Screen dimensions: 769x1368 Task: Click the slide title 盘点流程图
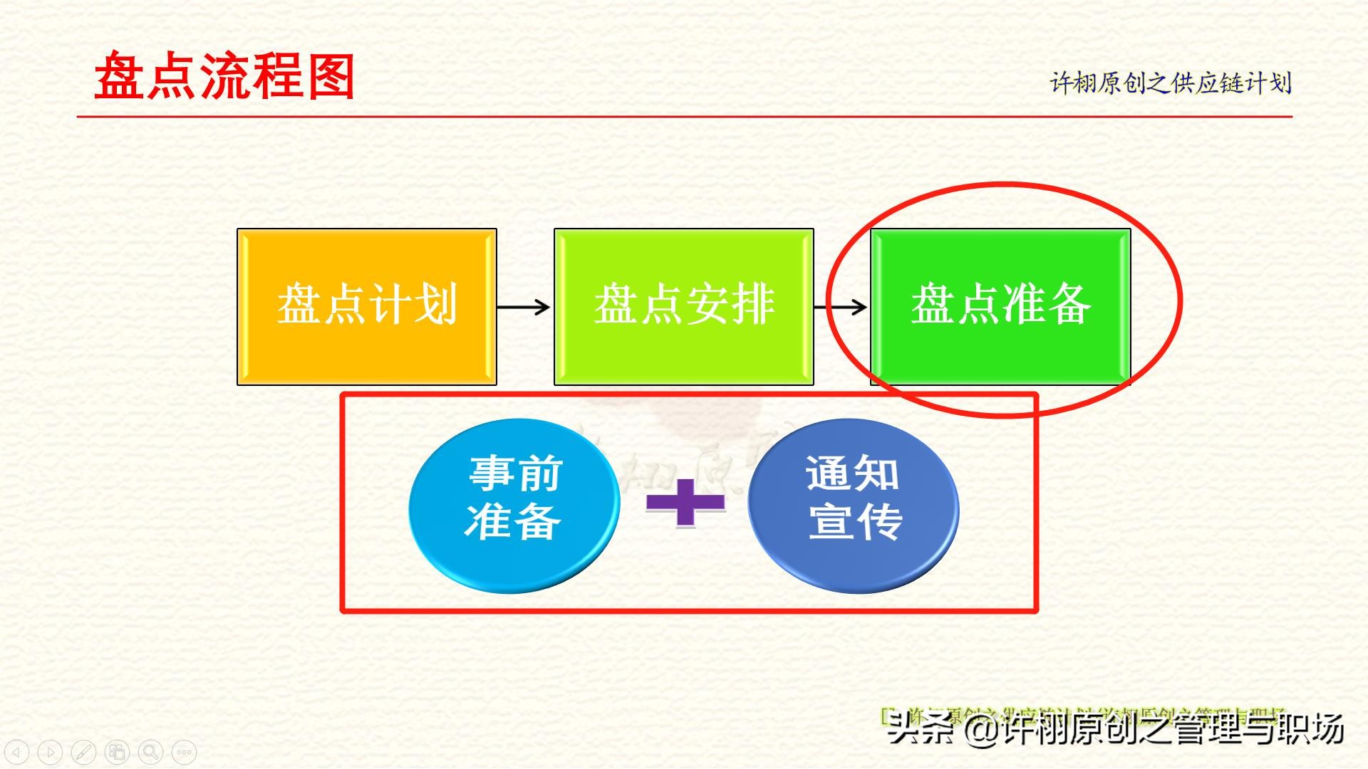(x=224, y=76)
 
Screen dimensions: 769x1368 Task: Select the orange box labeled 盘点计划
(x=366, y=307)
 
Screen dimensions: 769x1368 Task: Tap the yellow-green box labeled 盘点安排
(x=683, y=307)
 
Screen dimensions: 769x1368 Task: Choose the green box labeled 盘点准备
(x=1000, y=307)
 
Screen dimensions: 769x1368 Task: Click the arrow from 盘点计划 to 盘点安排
(x=524, y=307)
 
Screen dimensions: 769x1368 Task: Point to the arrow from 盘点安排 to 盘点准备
(x=841, y=307)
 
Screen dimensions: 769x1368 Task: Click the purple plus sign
(x=685, y=503)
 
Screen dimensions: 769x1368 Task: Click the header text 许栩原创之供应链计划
(x=1170, y=83)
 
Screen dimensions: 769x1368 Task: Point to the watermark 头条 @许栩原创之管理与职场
(x=1115, y=728)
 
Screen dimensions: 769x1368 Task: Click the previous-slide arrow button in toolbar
(x=16, y=752)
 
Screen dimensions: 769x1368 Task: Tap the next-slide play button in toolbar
(x=50, y=752)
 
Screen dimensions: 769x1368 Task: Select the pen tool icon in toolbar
(x=83, y=752)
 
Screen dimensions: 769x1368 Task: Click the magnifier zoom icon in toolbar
(x=150, y=752)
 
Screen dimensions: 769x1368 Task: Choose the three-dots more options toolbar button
(x=184, y=752)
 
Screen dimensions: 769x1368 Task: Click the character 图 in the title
(x=331, y=76)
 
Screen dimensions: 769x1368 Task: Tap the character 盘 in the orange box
(x=299, y=305)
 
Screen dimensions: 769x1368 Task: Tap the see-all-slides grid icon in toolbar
(x=117, y=752)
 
